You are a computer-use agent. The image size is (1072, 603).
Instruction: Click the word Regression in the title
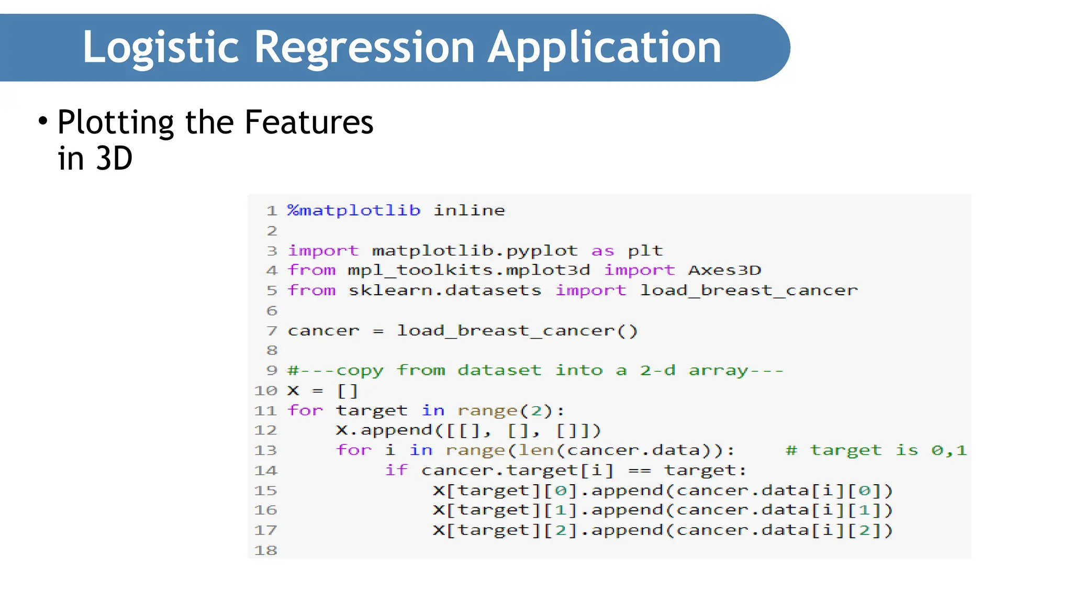(x=364, y=48)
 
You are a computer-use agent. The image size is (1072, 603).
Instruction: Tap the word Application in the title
(x=605, y=48)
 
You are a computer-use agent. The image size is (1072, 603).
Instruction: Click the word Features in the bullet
(x=309, y=122)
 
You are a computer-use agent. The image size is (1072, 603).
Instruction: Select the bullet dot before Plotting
(x=43, y=121)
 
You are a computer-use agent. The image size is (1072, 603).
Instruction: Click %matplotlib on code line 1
(x=354, y=210)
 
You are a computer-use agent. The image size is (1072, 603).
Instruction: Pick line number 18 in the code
(x=265, y=551)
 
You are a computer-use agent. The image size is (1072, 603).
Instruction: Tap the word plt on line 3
(x=645, y=251)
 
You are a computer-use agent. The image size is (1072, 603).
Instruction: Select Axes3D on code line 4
(x=724, y=270)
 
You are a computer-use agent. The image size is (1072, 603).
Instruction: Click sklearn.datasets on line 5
(x=445, y=291)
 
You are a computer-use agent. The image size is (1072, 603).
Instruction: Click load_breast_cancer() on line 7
(x=517, y=331)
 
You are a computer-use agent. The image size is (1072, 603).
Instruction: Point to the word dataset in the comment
(x=499, y=371)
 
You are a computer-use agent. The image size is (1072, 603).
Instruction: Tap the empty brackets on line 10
(x=348, y=391)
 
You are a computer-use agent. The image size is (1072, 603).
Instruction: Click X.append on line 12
(x=384, y=431)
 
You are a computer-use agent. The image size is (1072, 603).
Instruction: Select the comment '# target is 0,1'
(x=876, y=451)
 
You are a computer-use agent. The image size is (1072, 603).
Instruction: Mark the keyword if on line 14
(x=396, y=471)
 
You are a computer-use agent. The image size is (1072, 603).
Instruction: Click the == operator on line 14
(x=640, y=471)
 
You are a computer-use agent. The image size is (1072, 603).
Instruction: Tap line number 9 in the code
(x=272, y=371)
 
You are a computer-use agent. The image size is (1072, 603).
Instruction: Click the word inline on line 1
(x=469, y=210)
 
